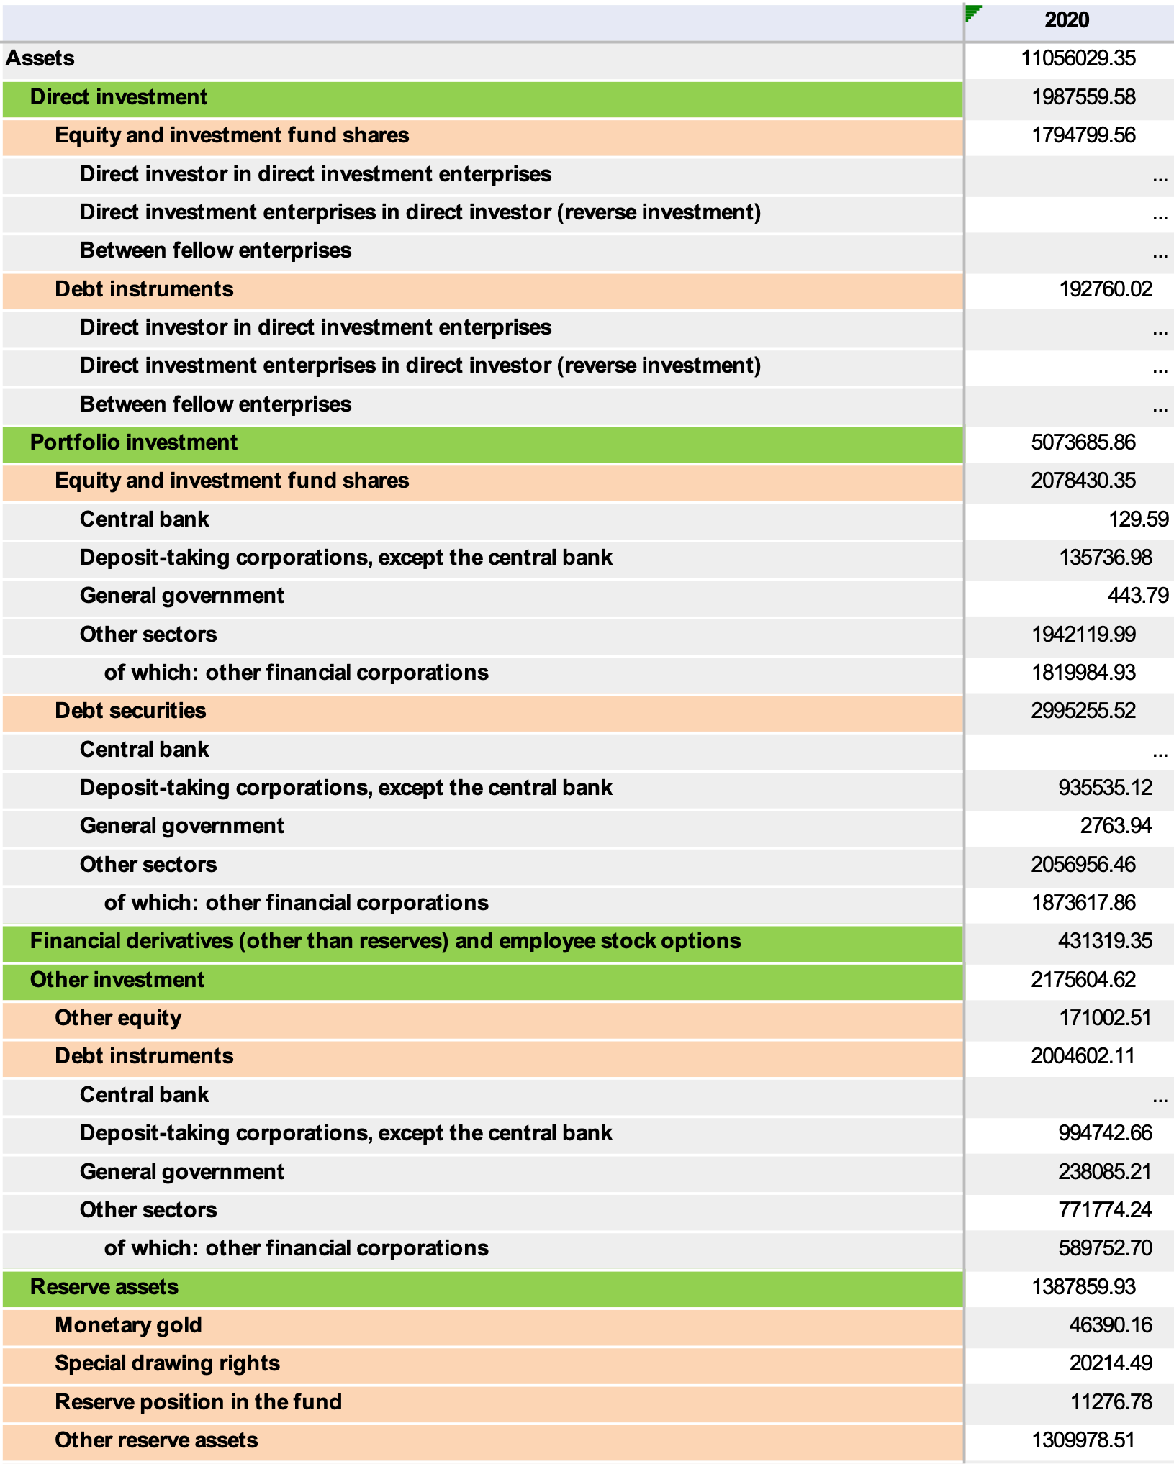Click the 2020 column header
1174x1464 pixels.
[1067, 20]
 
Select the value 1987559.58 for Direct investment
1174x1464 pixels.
[1083, 97]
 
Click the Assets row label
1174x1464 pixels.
[40, 58]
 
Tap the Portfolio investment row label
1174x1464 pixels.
[134, 442]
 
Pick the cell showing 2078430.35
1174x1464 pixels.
[1083, 481]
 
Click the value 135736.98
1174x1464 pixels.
[1105, 558]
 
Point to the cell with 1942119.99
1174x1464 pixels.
[1083, 635]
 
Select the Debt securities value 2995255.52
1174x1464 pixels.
[1083, 711]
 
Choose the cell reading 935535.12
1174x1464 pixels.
[1105, 788]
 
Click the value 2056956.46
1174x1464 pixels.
[1083, 864]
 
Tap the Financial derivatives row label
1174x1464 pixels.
[385, 941]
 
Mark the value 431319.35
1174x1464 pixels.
[1105, 941]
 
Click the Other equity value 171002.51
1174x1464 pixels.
[1105, 1018]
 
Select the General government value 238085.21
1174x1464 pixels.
[1105, 1172]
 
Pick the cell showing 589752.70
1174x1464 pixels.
[1105, 1248]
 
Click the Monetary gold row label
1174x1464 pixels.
[128, 1325]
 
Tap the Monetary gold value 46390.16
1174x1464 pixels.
[1111, 1325]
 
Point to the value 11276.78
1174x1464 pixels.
[1111, 1402]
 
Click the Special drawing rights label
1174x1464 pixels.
[167, 1363]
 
